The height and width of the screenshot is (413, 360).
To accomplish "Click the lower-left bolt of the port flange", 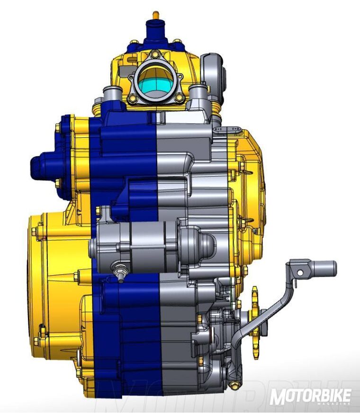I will [x=133, y=98].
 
